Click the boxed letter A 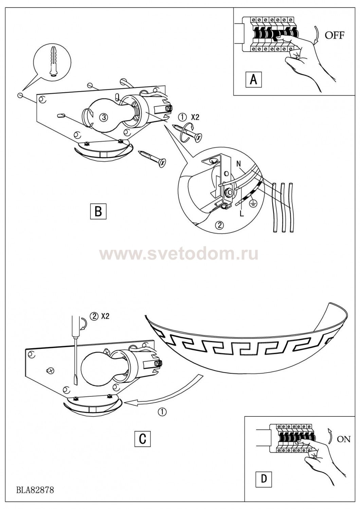[254, 80]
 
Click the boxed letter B [98, 211]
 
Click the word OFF [335, 35]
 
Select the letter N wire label [238, 164]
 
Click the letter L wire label [242, 214]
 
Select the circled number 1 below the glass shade [163, 412]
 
